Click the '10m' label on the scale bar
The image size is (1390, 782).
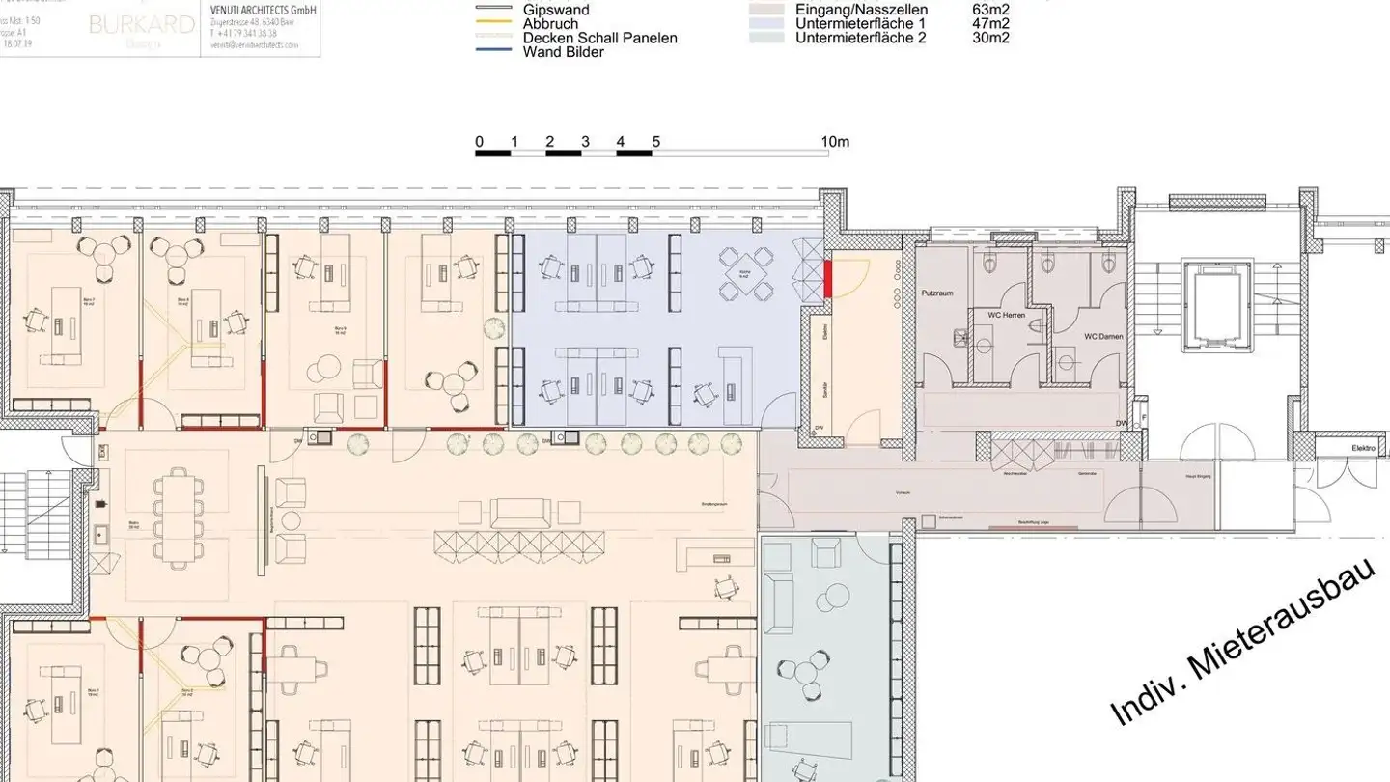click(835, 142)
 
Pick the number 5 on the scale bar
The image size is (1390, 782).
click(655, 142)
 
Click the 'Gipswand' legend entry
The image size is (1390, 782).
click(555, 10)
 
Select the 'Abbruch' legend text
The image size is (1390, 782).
click(550, 24)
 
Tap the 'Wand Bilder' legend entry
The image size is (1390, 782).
click(563, 52)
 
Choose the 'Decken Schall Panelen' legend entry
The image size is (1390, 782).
click(599, 38)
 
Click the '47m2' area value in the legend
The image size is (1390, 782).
click(990, 24)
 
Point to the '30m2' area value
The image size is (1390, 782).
click(990, 38)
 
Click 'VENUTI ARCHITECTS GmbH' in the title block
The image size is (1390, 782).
click(264, 9)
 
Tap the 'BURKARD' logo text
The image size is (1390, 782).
click(141, 25)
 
